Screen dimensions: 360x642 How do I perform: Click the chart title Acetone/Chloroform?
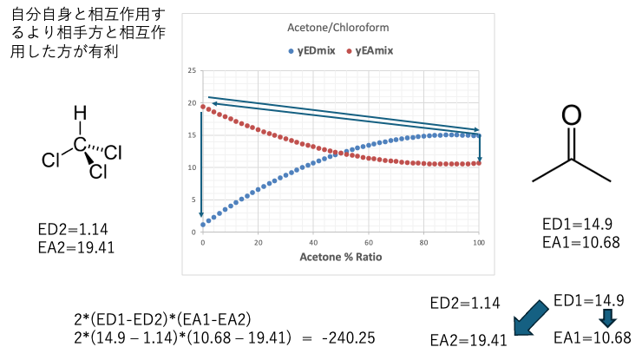point(337,28)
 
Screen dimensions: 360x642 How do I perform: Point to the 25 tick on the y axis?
point(192,71)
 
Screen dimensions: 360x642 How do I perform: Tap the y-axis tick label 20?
point(192,103)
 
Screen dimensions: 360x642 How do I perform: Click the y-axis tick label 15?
point(192,135)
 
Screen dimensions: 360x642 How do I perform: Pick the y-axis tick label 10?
point(192,167)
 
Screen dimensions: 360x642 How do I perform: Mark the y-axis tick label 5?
point(193,200)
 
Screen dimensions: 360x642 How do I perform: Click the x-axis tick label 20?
point(258,242)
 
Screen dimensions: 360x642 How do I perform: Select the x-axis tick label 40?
point(313,242)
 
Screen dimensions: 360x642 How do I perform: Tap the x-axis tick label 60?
point(369,242)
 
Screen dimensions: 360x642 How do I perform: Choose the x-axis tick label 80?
point(423,242)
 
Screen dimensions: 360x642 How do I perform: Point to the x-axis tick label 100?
point(479,242)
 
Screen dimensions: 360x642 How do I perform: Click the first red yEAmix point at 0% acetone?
point(203,107)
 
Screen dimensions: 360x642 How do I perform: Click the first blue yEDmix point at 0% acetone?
point(203,225)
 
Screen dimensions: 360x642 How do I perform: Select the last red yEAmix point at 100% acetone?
point(479,163)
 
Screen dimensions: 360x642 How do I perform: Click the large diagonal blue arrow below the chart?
point(530,317)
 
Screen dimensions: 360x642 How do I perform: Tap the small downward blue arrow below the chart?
point(607,318)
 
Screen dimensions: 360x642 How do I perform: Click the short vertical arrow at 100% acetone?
point(479,147)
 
